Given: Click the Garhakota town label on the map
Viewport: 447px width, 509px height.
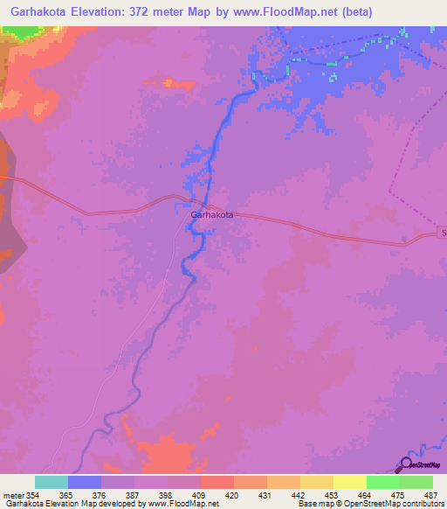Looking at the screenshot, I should tap(211, 214).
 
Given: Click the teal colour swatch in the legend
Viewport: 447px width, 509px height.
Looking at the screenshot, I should tap(51, 482).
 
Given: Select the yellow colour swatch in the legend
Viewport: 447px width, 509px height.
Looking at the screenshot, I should tap(349, 482).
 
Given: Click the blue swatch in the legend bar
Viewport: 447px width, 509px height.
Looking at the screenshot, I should tap(85, 482).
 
